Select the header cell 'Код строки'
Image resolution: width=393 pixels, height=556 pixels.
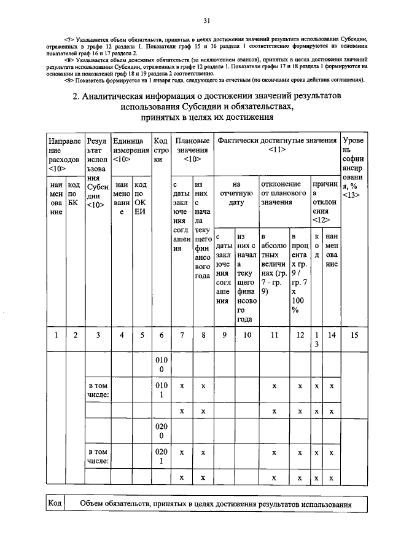point(160,149)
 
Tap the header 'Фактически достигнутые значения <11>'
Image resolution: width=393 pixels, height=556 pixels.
point(277,144)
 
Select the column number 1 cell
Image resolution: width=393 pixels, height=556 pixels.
point(56,335)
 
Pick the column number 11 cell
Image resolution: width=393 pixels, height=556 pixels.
point(274,335)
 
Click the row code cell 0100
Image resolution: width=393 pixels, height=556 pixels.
point(160,364)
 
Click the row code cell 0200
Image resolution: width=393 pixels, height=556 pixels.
point(160,431)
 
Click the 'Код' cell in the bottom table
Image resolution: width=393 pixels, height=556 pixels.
point(55,504)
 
